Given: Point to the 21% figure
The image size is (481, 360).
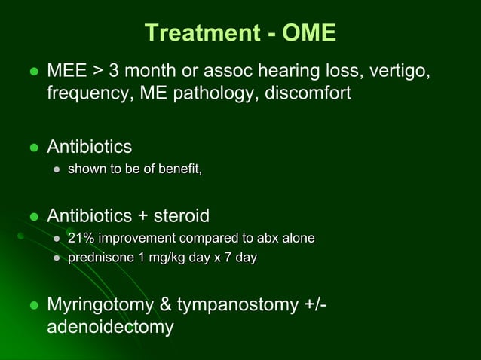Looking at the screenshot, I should pos(81,239).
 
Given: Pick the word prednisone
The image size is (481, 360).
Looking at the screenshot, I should pos(102,258).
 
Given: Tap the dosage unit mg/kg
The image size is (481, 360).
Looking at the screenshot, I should pos(169,258).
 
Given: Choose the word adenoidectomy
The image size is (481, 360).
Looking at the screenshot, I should pos(110,328).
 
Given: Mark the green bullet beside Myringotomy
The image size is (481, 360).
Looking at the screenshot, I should pos(32,306).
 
